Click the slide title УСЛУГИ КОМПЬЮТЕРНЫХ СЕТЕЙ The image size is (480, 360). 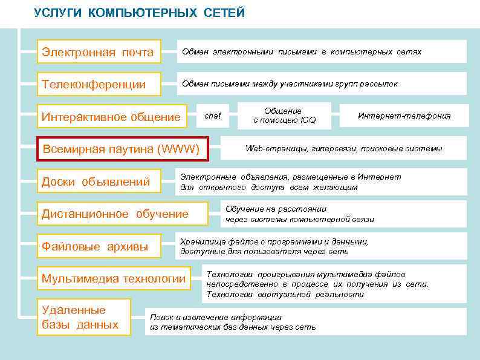(x=140, y=13)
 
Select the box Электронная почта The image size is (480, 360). (x=98, y=52)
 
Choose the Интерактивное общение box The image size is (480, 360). (x=111, y=117)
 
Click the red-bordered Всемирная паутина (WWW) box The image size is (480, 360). (x=121, y=149)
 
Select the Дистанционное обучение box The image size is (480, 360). (x=115, y=214)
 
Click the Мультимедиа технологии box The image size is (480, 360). (x=114, y=278)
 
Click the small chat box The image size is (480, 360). (x=213, y=116)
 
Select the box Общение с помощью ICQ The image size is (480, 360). (x=284, y=116)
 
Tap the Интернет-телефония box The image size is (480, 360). (x=404, y=116)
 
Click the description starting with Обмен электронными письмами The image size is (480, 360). (x=302, y=52)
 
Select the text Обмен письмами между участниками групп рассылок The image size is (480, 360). (x=290, y=84)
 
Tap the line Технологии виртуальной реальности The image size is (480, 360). (x=285, y=295)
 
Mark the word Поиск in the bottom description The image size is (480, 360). (x=161, y=317)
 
